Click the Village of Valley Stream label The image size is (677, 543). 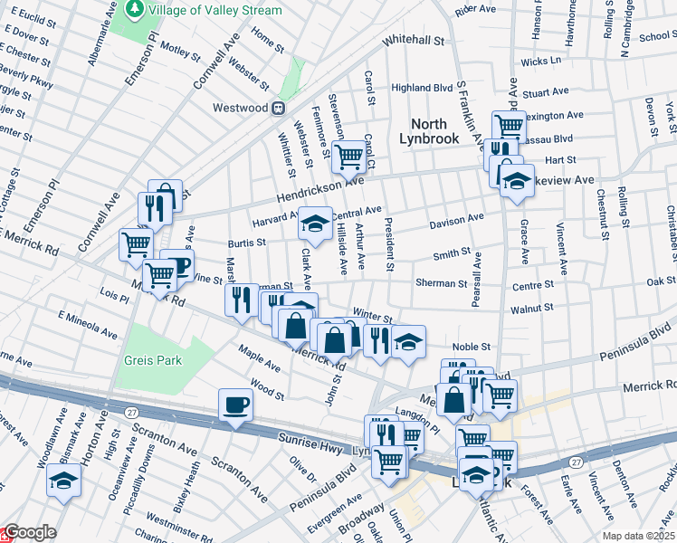[215, 10]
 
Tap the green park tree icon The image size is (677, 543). [136, 9]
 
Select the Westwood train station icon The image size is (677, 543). [280, 108]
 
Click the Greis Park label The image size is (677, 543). [153, 360]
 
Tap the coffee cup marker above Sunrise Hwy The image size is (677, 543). [235, 405]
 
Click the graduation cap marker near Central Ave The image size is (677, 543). [315, 223]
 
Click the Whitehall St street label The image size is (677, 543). [415, 41]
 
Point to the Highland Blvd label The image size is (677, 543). [422, 88]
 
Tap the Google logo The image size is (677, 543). [29, 532]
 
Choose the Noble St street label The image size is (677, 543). [472, 346]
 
